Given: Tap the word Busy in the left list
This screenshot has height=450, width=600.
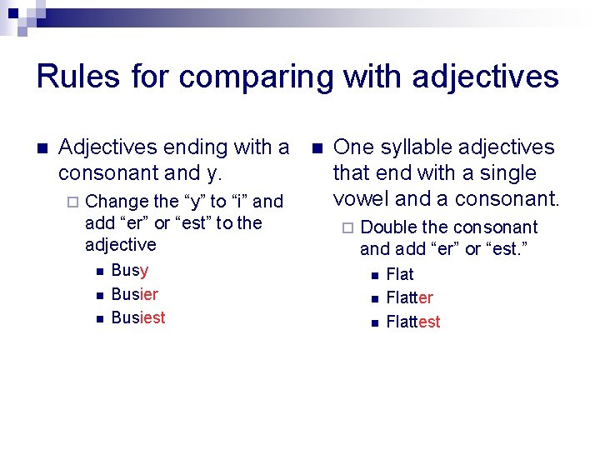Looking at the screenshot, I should tap(129, 270).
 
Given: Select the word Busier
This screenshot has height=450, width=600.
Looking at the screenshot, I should tap(134, 294).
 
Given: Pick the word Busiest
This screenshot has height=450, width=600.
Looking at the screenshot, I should tap(137, 317).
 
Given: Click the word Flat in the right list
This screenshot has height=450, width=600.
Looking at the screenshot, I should tap(400, 274).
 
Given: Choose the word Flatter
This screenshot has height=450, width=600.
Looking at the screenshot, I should tap(409, 298).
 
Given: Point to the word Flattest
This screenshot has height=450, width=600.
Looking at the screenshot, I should tap(413, 322).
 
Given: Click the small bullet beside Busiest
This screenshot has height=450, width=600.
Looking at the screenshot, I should tap(97, 318).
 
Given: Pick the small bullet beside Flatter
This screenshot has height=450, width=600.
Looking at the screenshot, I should tap(374, 298).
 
